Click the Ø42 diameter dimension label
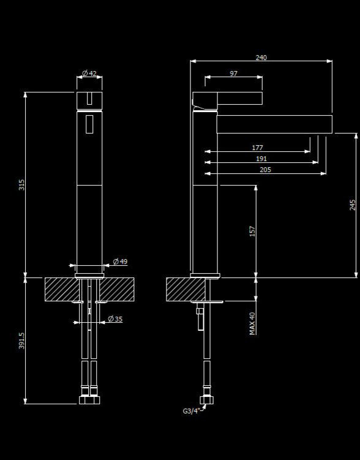89,74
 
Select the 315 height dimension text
21,184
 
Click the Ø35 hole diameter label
115,319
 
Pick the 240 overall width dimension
261,58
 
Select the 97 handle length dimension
233,74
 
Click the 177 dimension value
257,148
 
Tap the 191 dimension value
261,159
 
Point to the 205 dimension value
265,170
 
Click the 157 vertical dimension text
252,232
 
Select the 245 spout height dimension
353,205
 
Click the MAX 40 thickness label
252,323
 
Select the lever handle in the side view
228,99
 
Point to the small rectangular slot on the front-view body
89,124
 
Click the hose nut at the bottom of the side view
207,402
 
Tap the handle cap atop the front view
89,100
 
